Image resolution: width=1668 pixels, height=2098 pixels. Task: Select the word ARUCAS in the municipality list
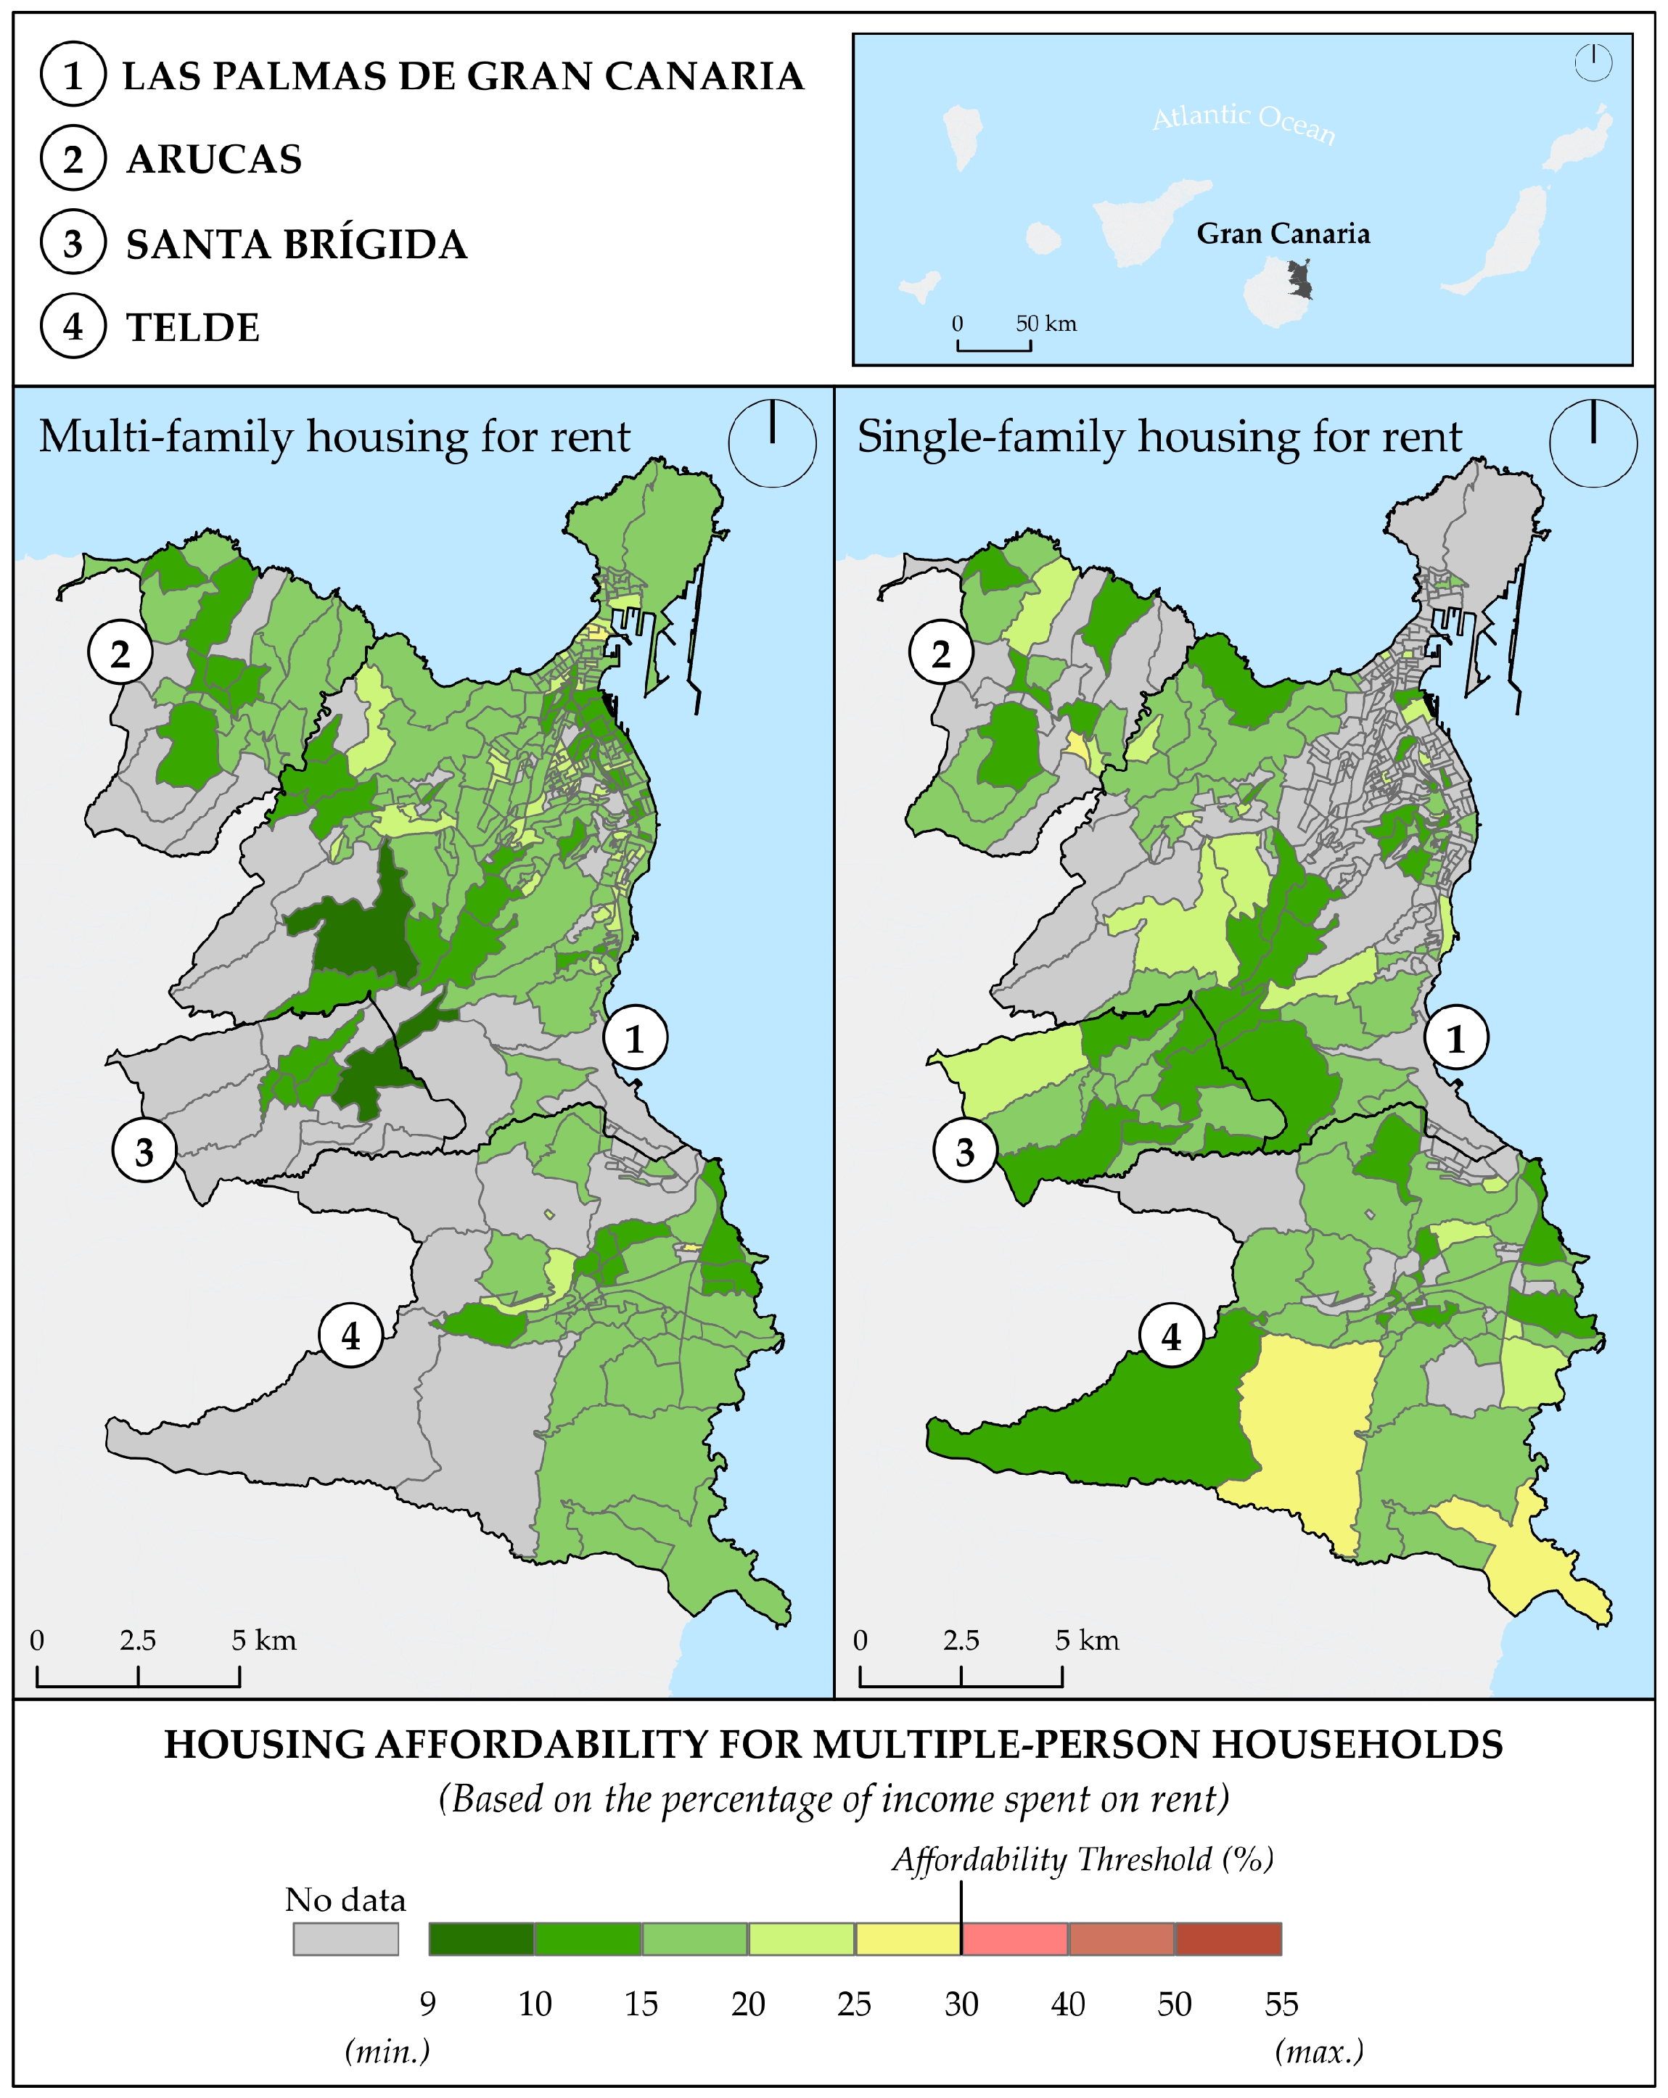[214, 160]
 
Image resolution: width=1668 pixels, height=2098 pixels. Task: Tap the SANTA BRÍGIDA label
[296, 244]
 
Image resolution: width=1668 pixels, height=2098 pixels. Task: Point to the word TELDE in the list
[193, 328]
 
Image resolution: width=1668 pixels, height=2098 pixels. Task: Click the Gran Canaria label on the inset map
[1283, 234]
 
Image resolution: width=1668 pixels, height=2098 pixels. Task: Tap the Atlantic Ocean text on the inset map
[1244, 122]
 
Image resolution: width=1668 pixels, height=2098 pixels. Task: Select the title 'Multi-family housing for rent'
[334, 437]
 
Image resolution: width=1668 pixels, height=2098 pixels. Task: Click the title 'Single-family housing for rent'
[1159, 437]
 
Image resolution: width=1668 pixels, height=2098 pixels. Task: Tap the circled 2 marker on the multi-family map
[120, 653]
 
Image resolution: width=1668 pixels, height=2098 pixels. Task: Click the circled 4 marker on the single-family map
[1172, 1336]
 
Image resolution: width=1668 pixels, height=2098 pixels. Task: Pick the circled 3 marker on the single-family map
[964, 1151]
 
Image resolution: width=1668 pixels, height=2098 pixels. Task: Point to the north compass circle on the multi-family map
[772, 444]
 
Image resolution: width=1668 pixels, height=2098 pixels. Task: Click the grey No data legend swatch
[345, 1938]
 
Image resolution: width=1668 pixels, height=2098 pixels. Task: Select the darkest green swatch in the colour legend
[481, 1938]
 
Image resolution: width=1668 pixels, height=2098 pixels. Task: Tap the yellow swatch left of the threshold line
[907, 1938]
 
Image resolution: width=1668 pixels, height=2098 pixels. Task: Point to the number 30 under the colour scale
[961, 2004]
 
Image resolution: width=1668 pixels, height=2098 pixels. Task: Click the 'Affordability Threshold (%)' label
[1083, 1859]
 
